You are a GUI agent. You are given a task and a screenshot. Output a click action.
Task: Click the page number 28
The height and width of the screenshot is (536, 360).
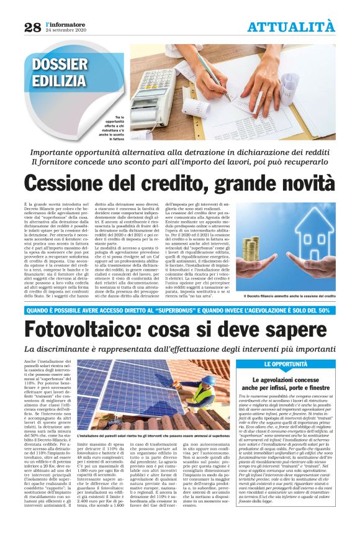point(32,27)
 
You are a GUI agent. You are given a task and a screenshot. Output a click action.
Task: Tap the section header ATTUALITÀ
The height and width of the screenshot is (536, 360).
point(290,27)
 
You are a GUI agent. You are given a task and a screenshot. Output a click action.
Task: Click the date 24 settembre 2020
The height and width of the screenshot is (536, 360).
point(67,30)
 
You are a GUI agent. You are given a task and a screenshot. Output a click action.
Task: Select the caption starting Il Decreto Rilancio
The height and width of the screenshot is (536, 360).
point(289,296)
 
